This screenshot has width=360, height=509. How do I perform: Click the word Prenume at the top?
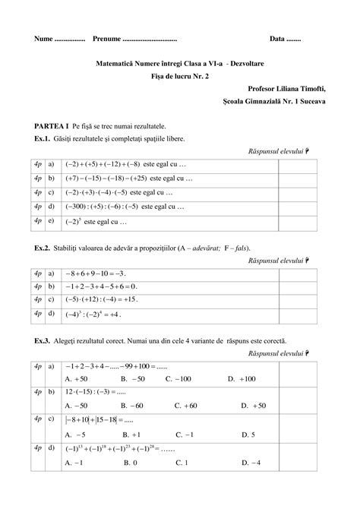(107, 39)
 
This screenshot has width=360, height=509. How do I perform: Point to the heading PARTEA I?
(52, 125)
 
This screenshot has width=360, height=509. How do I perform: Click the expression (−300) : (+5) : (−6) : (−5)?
(104, 206)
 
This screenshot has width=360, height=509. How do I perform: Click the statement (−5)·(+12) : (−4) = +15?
(103, 299)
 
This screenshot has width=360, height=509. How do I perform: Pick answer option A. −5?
(75, 435)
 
